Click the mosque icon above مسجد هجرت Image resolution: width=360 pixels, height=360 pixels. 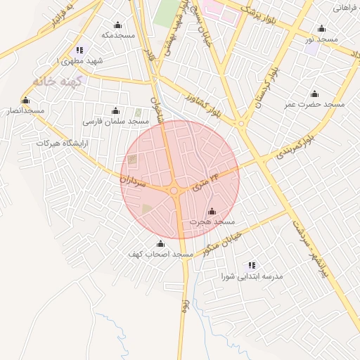pos(212,211)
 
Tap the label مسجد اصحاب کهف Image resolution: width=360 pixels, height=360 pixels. pos(160,254)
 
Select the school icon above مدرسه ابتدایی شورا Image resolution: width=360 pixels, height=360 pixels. pos(251,265)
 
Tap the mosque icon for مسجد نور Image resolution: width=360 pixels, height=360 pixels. pos(321,29)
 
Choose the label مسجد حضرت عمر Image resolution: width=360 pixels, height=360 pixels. pos(314,105)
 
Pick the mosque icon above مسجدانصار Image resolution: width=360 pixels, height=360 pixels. pos(26,101)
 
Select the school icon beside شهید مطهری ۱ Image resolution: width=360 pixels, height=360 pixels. pos(79,50)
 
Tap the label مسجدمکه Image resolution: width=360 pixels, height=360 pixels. pos(117,34)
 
